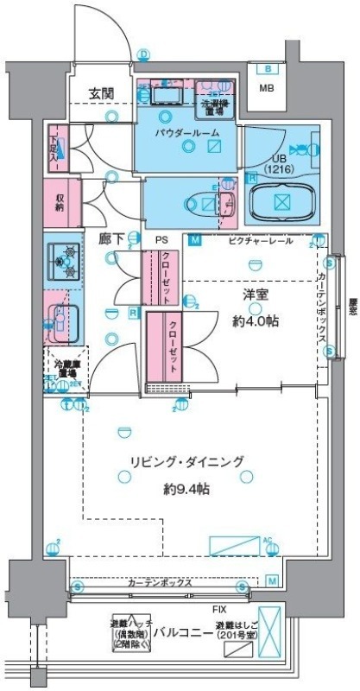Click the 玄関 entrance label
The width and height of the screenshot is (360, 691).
102,93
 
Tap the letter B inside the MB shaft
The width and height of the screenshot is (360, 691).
268,69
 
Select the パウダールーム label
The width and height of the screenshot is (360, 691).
187,132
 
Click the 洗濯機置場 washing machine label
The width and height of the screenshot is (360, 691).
216,106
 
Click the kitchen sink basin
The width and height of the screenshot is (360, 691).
63,320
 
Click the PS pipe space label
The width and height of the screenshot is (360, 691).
161,239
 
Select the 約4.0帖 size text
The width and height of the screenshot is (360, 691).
254,321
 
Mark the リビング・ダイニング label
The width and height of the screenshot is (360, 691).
187,461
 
